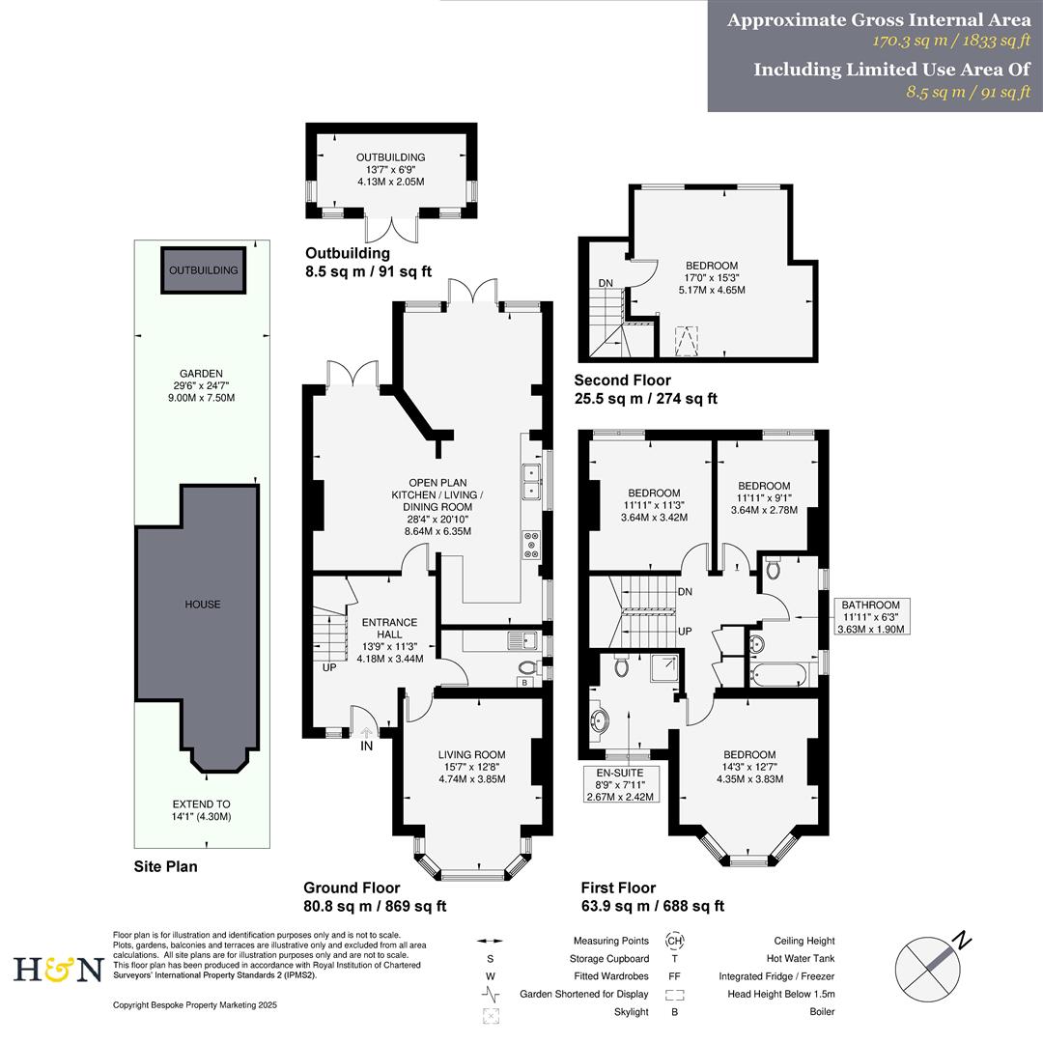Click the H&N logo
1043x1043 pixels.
coord(58,969)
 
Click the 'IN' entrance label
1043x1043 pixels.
coord(367,747)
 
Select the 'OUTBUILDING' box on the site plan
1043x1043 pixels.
coord(203,270)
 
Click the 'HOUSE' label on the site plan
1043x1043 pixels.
coord(203,605)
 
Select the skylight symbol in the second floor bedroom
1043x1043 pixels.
coord(686,341)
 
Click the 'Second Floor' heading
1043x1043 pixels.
coord(622,381)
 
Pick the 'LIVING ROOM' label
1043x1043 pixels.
coord(471,755)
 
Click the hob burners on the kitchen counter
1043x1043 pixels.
coord(531,545)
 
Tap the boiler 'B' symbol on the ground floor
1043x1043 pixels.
coord(524,683)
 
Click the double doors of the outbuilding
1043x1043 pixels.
coord(391,229)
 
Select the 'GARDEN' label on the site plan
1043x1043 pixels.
coord(201,374)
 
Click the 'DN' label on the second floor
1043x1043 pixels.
coord(606,283)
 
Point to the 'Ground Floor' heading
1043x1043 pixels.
coord(352,888)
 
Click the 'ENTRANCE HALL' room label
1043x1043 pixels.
coord(389,629)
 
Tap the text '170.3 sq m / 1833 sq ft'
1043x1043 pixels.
coord(951,42)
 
